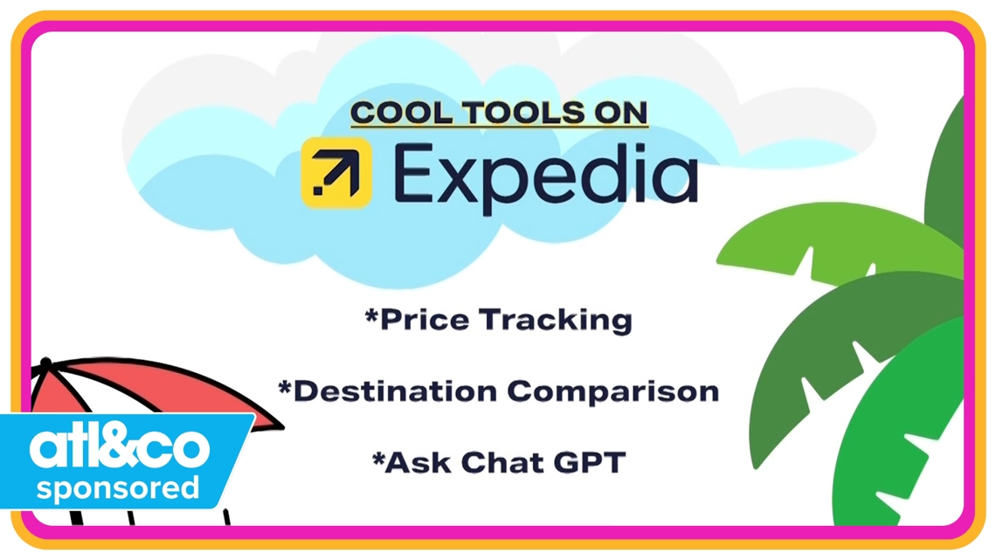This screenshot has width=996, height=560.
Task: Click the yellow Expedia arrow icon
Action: (x=336, y=173)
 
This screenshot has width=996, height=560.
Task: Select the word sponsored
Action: (x=117, y=488)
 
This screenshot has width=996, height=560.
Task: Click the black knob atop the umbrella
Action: (x=46, y=363)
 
